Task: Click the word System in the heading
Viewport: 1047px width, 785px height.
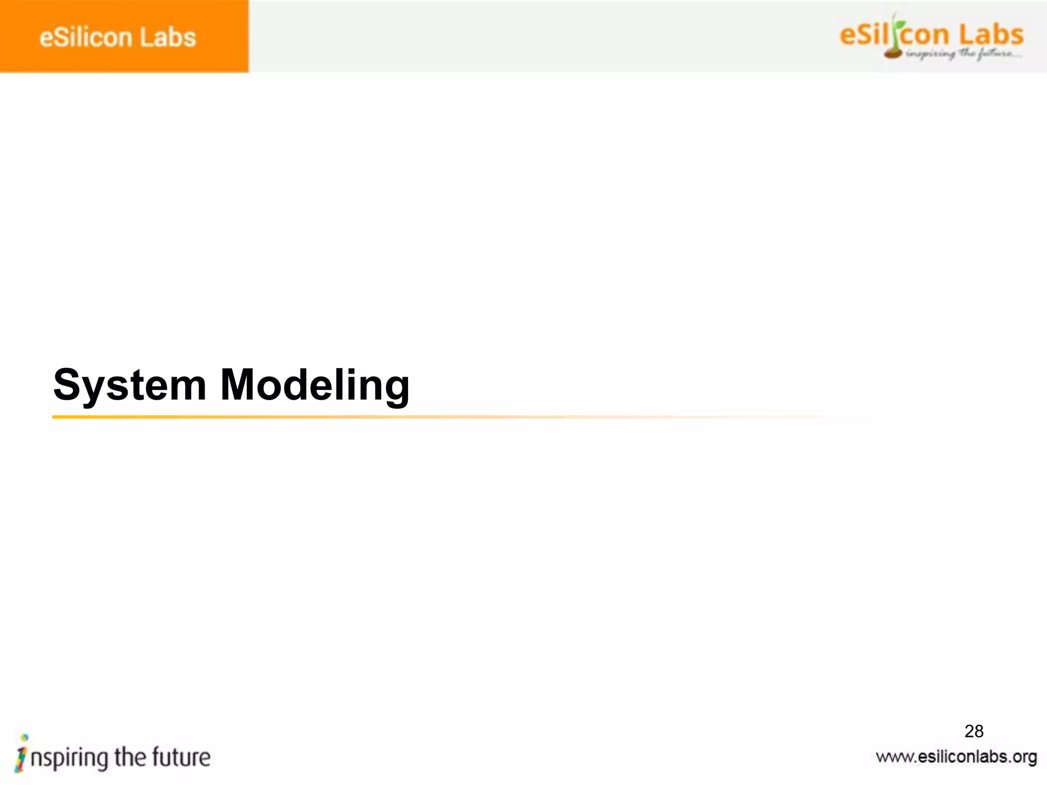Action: pos(130,385)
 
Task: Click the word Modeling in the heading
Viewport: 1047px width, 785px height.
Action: pos(314,385)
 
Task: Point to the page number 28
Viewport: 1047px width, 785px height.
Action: pos(974,731)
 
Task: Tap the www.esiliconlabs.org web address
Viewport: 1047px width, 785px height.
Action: pos(956,757)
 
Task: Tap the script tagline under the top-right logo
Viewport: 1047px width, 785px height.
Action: pos(963,54)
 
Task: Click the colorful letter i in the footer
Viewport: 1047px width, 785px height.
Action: pos(21,753)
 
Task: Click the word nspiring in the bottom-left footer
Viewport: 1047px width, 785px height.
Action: pos(69,758)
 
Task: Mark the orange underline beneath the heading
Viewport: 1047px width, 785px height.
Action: pos(358,417)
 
